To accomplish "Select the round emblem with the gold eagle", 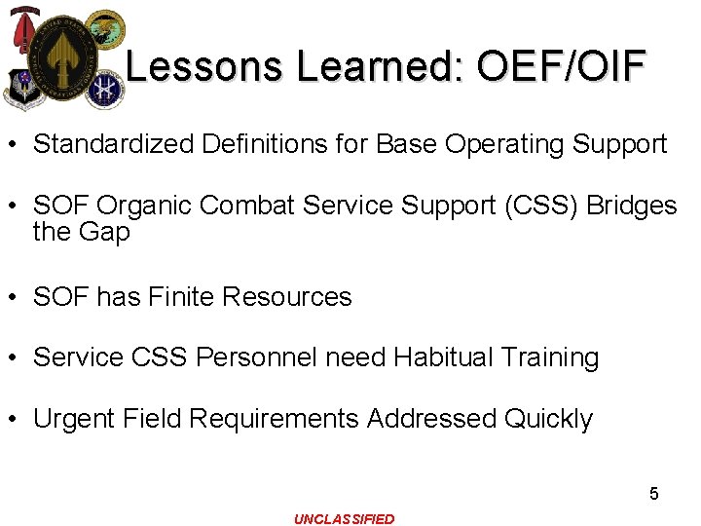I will click(105, 27).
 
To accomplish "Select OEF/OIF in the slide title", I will click(562, 66).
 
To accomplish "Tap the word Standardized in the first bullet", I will click(114, 145).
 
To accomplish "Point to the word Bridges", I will click(632, 206).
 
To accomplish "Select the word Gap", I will click(107, 233).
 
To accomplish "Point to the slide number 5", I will click(654, 494).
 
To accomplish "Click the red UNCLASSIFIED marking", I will click(345, 519).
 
